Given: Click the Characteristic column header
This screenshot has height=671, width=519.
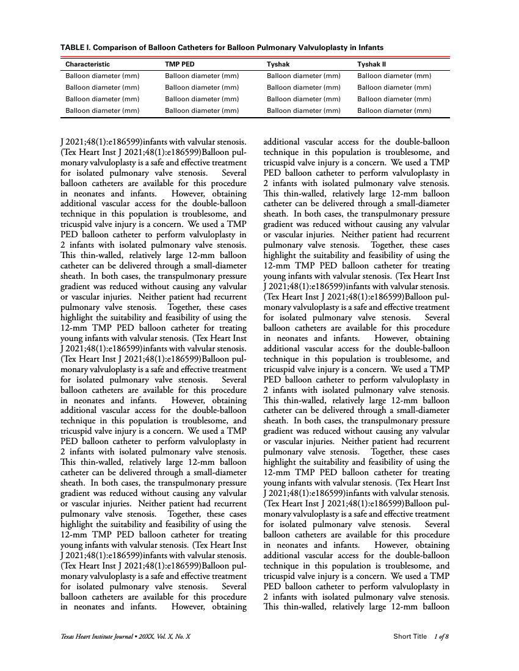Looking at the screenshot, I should (88, 64).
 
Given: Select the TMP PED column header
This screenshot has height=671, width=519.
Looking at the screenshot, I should (180, 64).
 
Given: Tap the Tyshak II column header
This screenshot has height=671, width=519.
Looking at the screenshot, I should (372, 64).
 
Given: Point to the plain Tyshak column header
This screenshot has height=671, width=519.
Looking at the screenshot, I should (278, 64).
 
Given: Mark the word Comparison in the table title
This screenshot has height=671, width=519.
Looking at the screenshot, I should (118, 47).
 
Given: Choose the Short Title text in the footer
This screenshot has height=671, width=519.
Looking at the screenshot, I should (410, 637).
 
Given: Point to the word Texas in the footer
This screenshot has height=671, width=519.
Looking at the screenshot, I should (68, 637).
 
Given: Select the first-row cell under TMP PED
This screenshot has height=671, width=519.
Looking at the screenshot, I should (202, 76).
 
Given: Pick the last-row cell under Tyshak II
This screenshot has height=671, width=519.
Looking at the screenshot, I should (394, 111).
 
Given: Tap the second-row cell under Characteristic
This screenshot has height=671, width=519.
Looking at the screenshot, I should (103, 88).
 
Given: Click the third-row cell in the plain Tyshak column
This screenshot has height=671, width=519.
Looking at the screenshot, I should (303, 99).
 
